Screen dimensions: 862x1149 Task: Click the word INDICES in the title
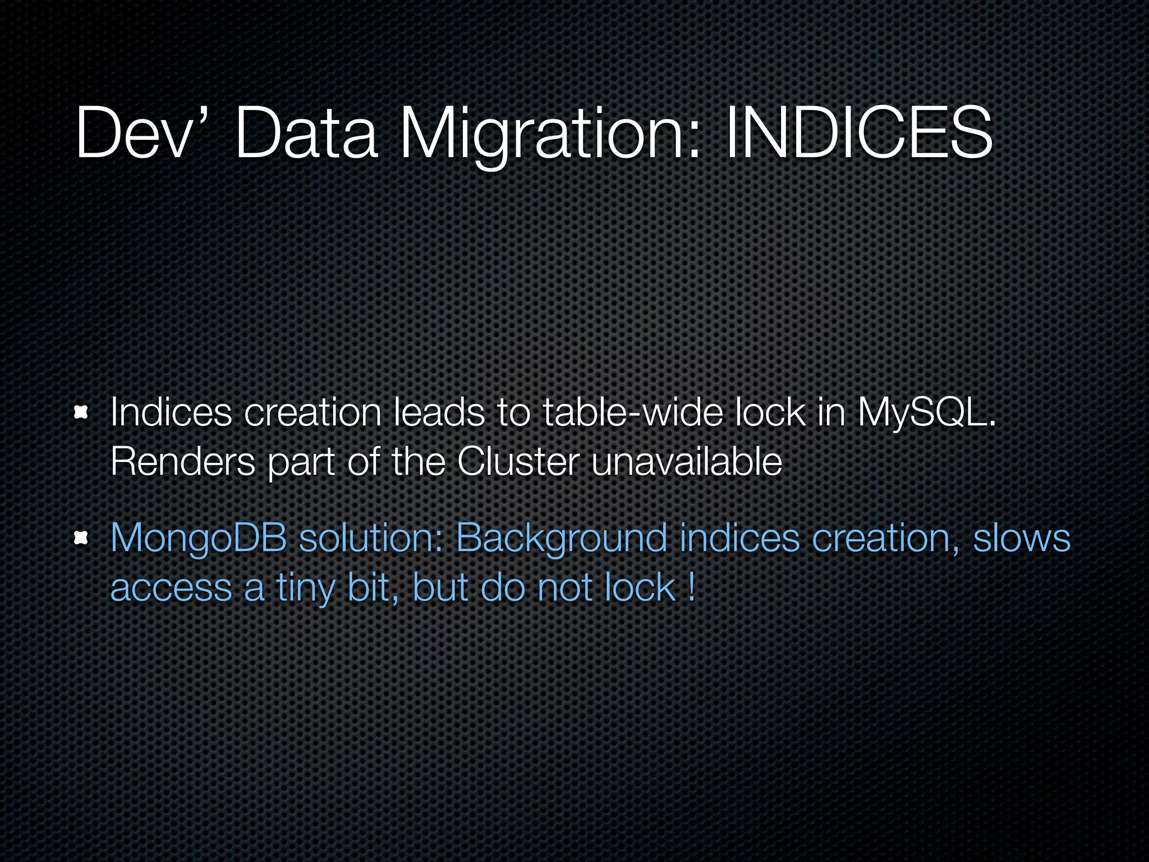point(859,134)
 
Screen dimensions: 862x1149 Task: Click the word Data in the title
point(306,134)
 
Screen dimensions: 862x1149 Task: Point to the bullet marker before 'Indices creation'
point(82,414)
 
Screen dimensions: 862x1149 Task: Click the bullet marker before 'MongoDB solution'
point(82,539)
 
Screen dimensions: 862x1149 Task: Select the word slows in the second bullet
point(1021,538)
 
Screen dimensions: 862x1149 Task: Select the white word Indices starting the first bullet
point(171,412)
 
